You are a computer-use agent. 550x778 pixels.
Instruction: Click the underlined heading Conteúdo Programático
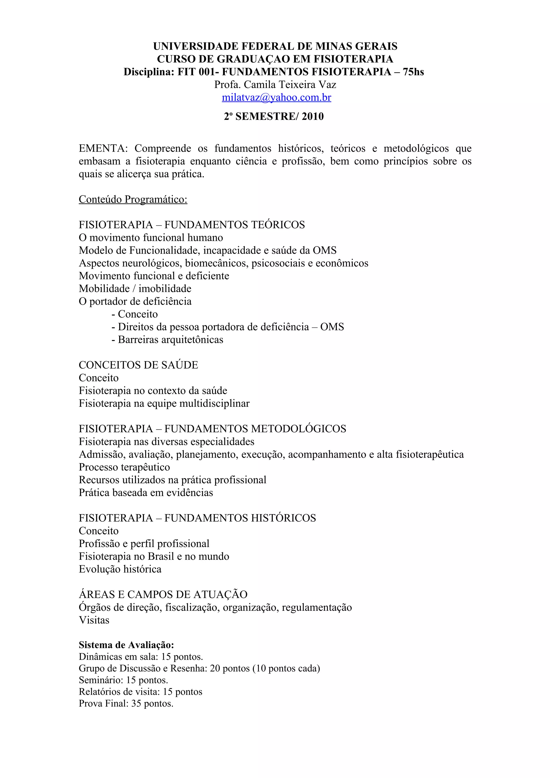[x=133, y=199]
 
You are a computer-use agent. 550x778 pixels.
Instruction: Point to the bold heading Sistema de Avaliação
[x=126, y=645]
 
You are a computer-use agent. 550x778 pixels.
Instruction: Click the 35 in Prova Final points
[x=136, y=703]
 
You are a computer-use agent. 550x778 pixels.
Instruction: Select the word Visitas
[x=94, y=620]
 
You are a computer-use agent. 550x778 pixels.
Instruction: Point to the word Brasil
[x=161, y=556]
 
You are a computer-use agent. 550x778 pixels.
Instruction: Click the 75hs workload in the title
[x=413, y=72]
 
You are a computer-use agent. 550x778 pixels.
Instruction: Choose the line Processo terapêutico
[x=124, y=467]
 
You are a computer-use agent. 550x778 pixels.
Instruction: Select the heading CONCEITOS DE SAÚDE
[x=138, y=365]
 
